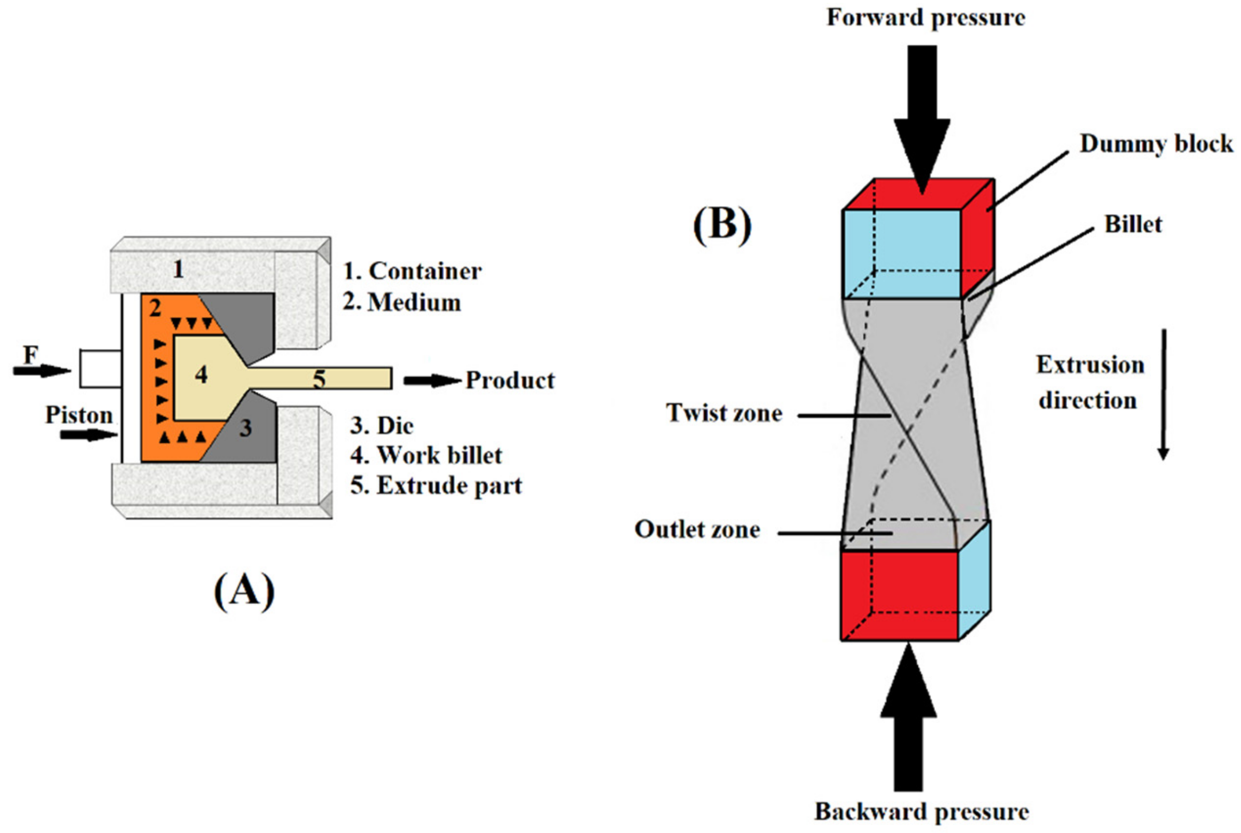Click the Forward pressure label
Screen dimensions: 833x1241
coord(926,18)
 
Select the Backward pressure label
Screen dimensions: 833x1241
coord(921,812)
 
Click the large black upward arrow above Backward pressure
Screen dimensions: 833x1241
coord(908,717)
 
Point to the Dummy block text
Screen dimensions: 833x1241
coord(1156,144)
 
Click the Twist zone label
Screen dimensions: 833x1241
coord(724,413)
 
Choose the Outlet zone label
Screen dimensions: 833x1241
coord(697,529)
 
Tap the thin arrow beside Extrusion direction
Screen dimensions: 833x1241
coord(1163,393)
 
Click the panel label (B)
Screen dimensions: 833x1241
coord(722,225)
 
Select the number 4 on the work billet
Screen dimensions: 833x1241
coord(201,375)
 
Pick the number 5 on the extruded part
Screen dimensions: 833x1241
coord(319,379)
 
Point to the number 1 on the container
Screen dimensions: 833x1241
coord(179,270)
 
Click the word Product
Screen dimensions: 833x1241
coord(510,380)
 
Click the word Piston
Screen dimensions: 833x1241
coord(78,415)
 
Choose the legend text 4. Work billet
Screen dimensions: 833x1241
coord(426,455)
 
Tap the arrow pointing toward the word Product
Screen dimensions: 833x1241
coord(431,380)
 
